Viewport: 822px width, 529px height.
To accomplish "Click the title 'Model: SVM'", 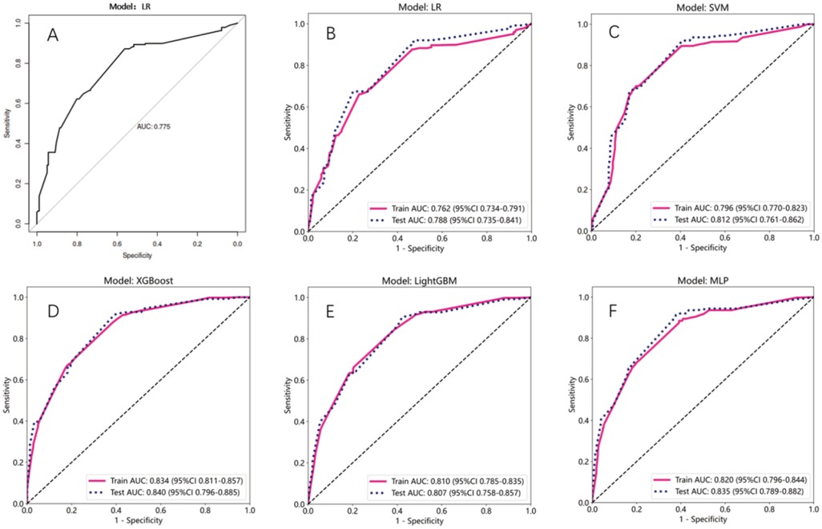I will [x=702, y=9].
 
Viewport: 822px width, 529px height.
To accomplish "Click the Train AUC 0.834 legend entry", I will [x=170, y=479].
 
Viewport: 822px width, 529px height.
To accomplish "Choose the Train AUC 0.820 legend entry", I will [x=732, y=479].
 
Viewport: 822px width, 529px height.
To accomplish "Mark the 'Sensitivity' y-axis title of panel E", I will [x=287, y=400].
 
